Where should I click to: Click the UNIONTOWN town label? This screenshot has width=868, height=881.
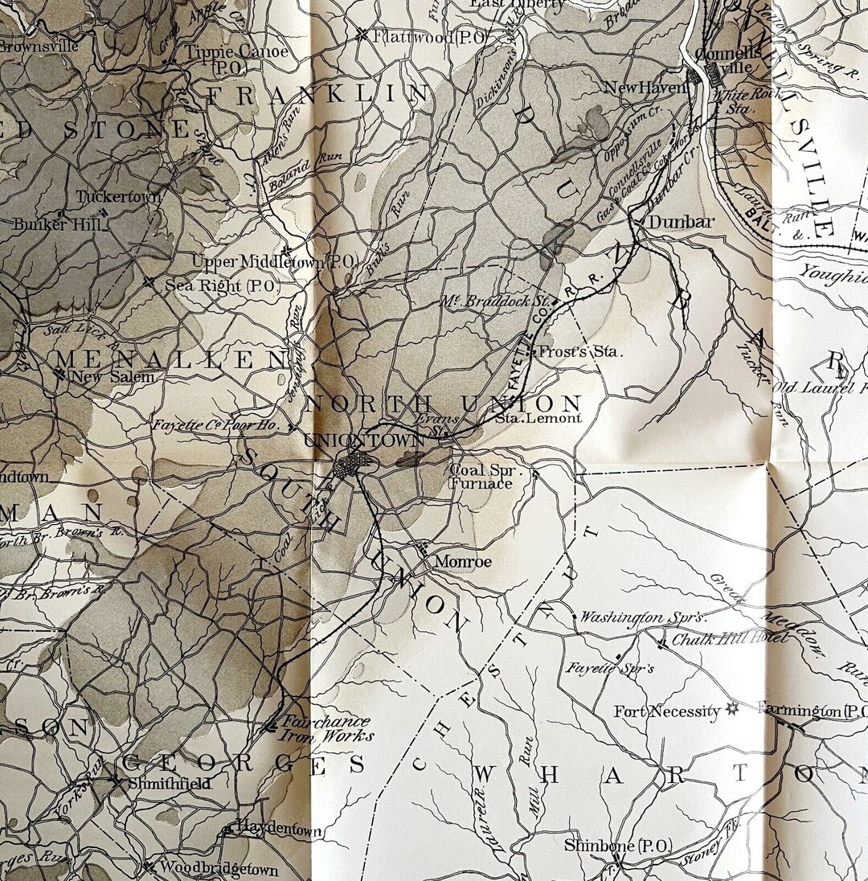tap(365, 440)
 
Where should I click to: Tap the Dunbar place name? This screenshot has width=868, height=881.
tap(681, 222)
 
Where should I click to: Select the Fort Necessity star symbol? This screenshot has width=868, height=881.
tap(731, 710)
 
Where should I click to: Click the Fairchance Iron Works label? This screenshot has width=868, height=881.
tap(325, 728)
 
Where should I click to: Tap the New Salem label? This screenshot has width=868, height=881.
tap(111, 376)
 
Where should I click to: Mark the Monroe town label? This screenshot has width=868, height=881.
tap(462, 561)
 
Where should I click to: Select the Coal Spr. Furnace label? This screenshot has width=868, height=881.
tap(481, 477)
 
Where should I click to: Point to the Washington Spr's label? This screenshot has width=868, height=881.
tap(643, 617)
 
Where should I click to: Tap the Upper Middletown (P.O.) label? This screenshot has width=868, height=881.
tap(274, 261)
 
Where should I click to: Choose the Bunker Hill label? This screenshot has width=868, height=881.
tap(58, 224)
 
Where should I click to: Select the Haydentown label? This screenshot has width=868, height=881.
tap(278, 830)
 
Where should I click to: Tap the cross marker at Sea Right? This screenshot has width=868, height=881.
tap(149, 282)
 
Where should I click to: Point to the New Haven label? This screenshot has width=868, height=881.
tap(645, 88)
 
